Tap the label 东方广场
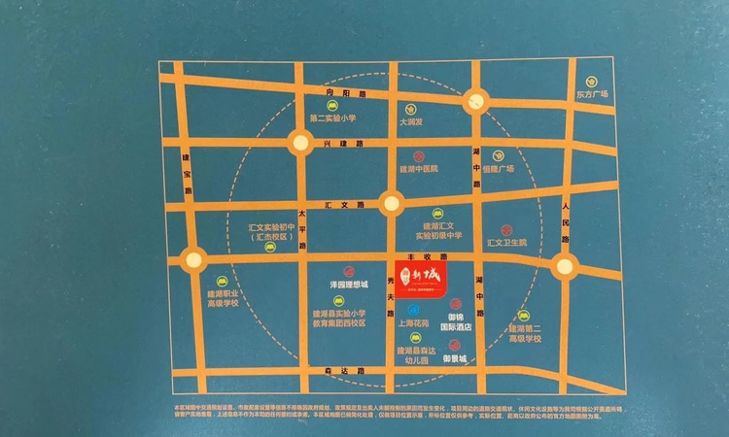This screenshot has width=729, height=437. (591, 94)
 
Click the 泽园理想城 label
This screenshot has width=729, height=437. (348, 285)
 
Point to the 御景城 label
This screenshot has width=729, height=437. (456, 358)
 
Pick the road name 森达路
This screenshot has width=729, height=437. (337, 372)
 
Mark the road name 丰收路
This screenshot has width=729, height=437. (420, 256)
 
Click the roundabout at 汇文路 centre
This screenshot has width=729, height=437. (391, 204)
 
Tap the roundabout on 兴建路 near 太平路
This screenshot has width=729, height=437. (299, 143)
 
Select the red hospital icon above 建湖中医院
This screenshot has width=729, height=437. (419, 154)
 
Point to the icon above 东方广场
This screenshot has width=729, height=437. (590, 81)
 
